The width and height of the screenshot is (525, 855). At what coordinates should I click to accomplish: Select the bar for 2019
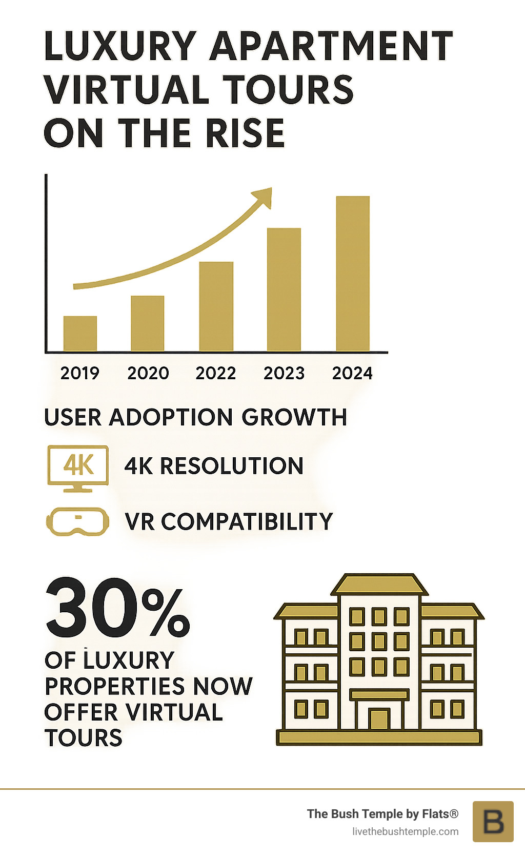tap(80, 334)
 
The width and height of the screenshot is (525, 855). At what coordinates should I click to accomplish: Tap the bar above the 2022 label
tap(216, 306)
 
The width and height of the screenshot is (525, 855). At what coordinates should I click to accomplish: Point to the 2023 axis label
tap(284, 373)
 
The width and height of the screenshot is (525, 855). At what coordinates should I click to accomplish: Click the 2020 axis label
tap(148, 373)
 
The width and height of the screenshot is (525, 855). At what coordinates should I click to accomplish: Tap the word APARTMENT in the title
tap(331, 46)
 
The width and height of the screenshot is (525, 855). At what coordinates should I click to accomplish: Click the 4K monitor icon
tap(78, 468)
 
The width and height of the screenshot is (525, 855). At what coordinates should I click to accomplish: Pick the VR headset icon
tap(78, 522)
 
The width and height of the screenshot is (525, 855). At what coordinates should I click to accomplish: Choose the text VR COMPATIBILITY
tap(229, 522)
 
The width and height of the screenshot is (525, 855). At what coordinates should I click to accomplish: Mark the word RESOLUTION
tap(232, 466)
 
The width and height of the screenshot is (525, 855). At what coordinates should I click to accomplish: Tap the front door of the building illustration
tap(379, 719)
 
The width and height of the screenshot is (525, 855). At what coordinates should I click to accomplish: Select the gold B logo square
tap(493, 821)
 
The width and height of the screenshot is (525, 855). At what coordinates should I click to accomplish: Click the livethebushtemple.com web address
tap(405, 831)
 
